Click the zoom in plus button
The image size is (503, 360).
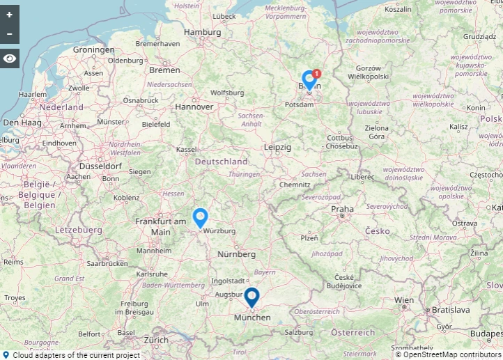click(x=9, y=15)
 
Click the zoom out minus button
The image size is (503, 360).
click(x=9, y=33)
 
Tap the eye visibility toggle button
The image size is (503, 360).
click(x=9, y=58)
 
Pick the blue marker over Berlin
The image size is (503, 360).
click(x=309, y=80)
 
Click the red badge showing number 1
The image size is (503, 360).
click(x=317, y=73)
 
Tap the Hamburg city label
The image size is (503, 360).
click(x=202, y=32)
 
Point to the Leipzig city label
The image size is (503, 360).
click(x=277, y=148)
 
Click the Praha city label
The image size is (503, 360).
click(x=342, y=208)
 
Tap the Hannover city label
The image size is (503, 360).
click(x=194, y=107)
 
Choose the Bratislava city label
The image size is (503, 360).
click(x=451, y=309)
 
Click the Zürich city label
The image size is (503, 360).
click(x=156, y=340)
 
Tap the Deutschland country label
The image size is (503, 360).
click(x=221, y=162)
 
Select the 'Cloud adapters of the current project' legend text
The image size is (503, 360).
click(x=76, y=354)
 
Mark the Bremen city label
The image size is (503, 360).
click(x=164, y=70)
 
